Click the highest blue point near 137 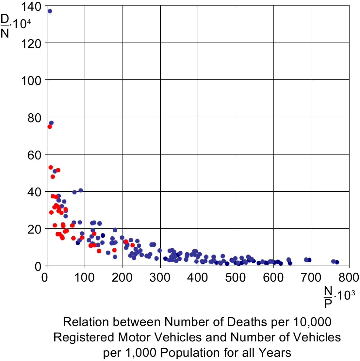tap(50, 11)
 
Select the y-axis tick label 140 tap(32, 6)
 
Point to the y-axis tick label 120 tap(32, 43)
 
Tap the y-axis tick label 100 tap(32, 80)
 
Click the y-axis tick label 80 tap(35, 117)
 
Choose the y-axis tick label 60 tap(35, 154)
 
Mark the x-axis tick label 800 tap(349, 278)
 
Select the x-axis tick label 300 tap(160, 278)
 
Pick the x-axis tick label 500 tap(236, 278)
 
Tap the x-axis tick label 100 tap(85, 278)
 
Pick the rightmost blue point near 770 tap(337, 262)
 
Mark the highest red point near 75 tap(50, 126)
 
